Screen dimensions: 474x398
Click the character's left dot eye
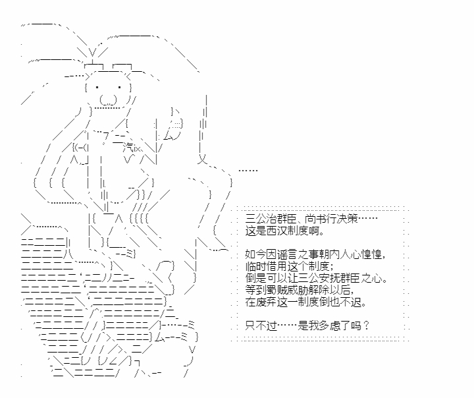(97, 88)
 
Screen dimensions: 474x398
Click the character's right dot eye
(120, 88)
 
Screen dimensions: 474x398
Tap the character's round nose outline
(108, 100)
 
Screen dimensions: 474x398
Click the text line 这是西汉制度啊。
(285, 231)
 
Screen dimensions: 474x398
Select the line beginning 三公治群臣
(311, 219)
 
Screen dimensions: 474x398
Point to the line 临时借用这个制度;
(290, 266)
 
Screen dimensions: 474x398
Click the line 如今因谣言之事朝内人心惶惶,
(315, 254)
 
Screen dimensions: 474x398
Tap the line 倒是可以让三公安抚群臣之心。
(317, 278)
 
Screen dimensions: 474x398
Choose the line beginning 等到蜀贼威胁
(300, 290)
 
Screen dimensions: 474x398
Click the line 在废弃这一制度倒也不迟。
(306, 302)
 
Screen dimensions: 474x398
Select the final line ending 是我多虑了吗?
(307, 326)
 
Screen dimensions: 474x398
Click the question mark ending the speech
(366, 326)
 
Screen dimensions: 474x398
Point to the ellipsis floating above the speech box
(248, 171)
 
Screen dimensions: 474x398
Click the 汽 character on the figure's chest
(128, 148)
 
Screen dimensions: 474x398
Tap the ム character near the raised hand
(169, 136)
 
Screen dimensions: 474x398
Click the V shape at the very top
(93, 53)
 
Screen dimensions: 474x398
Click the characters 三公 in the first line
(255, 219)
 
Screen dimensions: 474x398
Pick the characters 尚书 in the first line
(315, 219)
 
